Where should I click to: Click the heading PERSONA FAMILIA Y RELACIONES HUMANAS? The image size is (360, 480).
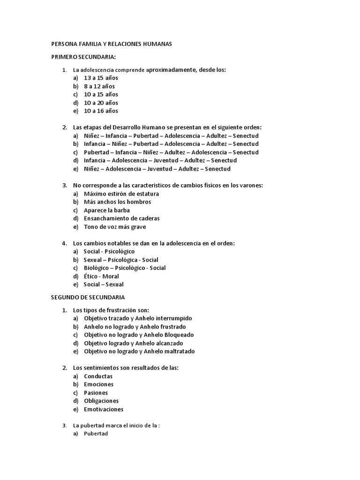pyautogui.click(x=111, y=44)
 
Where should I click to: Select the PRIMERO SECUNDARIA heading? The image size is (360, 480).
pyautogui.click(x=83, y=57)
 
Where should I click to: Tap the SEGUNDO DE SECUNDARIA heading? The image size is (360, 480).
pyautogui.click(x=88, y=297)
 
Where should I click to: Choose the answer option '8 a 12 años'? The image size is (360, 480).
pyautogui.click(x=99, y=86)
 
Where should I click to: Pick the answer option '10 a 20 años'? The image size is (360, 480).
pyautogui.click(x=101, y=103)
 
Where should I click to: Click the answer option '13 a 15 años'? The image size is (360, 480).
pyautogui.click(x=101, y=78)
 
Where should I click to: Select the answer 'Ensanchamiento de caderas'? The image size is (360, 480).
pyautogui.click(x=121, y=218)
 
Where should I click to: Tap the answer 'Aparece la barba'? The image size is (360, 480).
pyautogui.click(x=107, y=210)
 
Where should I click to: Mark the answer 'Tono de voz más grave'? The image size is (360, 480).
pyautogui.click(x=115, y=227)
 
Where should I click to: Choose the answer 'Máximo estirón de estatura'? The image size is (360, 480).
pyautogui.click(x=121, y=194)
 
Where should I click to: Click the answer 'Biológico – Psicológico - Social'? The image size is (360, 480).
pyautogui.click(x=125, y=268)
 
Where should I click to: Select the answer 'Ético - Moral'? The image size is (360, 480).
pyautogui.click(x=101, y=276)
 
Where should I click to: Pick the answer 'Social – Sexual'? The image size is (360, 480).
pyautogui.click(x=104, y=285)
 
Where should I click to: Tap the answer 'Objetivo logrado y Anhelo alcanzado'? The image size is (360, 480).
pyautogui.click(x=133, y=343)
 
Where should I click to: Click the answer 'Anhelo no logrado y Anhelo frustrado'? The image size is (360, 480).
pyautogui.click(x=135, y=327)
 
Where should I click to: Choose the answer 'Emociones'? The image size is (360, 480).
pyautogui.click(x=98, y=384)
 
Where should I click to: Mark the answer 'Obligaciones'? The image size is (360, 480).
pyautogui.click(x=101, y=401)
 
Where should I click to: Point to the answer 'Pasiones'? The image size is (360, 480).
pyautogui.click(x=96, y=393)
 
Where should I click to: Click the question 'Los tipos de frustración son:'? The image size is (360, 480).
pyautogui.click(x=111, y=310)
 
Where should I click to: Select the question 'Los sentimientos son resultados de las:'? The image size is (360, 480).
pyautogui.click(x=126, y=368)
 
